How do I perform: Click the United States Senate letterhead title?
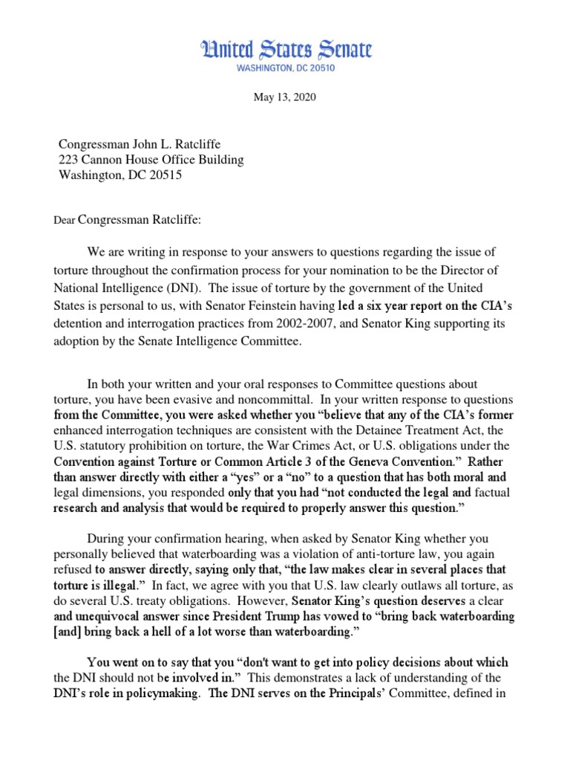(x=285, y=50)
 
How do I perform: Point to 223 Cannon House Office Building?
(x=151, y=160)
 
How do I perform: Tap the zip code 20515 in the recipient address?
(x=164, y=175)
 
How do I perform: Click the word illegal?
(x=116, y=586)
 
